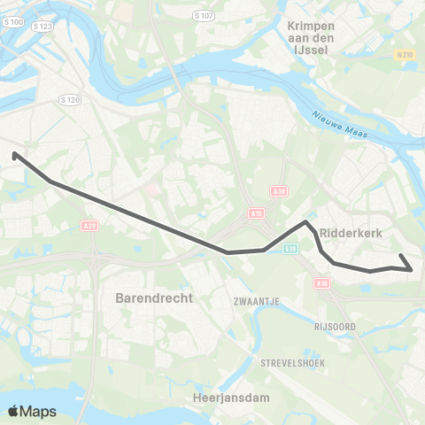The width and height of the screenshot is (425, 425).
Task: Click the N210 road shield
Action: point(406,55)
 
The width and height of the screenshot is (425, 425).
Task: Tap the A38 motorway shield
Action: point(278,191)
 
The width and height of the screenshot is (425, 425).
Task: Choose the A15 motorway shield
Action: point(256,212)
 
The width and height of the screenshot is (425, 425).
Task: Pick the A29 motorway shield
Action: point(88,227)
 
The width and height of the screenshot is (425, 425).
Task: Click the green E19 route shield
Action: point(291,250)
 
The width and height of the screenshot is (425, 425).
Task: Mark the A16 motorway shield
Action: point(322,283)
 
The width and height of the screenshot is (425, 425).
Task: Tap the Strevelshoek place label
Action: point(293,363)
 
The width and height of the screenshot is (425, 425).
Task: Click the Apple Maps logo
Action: point(32,411)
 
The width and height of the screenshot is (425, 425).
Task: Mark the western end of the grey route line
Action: point(15,155)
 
